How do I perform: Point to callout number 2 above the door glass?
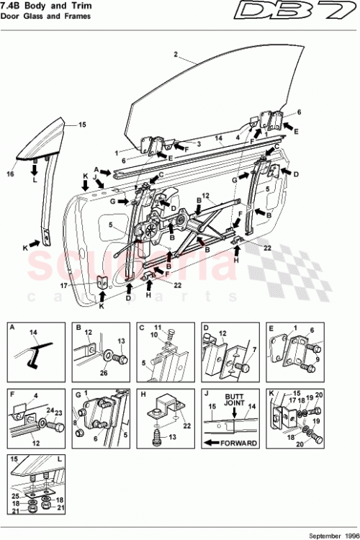(175, 54)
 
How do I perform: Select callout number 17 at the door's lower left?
(84, 284)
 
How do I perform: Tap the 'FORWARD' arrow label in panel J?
(238, 443)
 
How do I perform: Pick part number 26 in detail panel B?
(103, 373)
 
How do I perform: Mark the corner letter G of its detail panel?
(76, 394)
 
